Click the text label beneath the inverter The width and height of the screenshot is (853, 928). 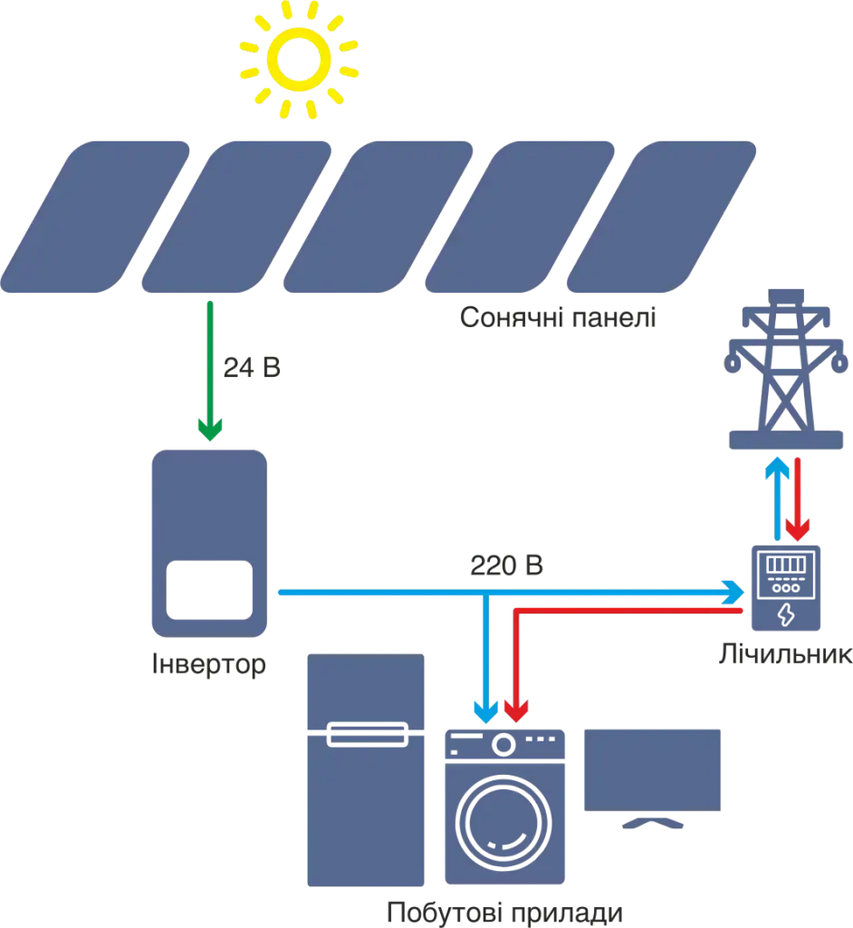click(208, 667)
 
